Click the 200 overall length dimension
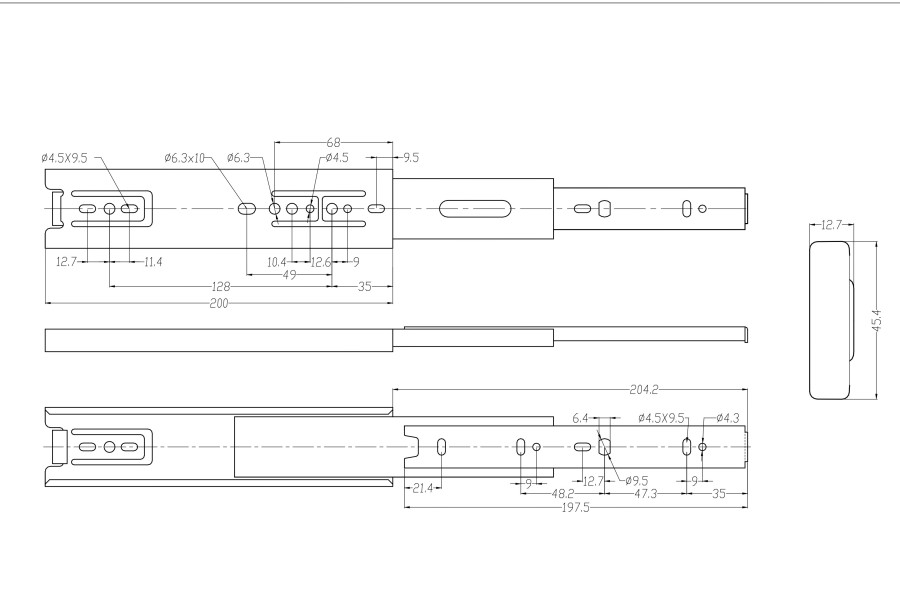coord(219,303)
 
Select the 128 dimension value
coord(221,286)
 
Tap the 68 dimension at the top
coord(333,142)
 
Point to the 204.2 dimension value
coord(643,390)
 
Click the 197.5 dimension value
coord(575,507)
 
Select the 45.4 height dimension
coord(876,320)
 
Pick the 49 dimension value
coord(290,276)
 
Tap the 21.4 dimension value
coord(423,489)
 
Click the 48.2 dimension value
coord(562,494)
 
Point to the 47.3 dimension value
coord(645,494)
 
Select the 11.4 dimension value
coord(153,262)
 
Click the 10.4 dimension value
coord(277,262)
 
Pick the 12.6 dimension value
coord(321,262)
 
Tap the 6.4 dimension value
coord(580,418)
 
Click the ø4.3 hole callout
coord(728,418)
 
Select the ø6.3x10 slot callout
coord(184,157)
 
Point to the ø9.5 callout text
coord(636,480)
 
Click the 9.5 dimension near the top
coord(411,157)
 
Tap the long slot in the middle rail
coord(475,208)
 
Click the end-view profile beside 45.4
coord(831,320)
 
